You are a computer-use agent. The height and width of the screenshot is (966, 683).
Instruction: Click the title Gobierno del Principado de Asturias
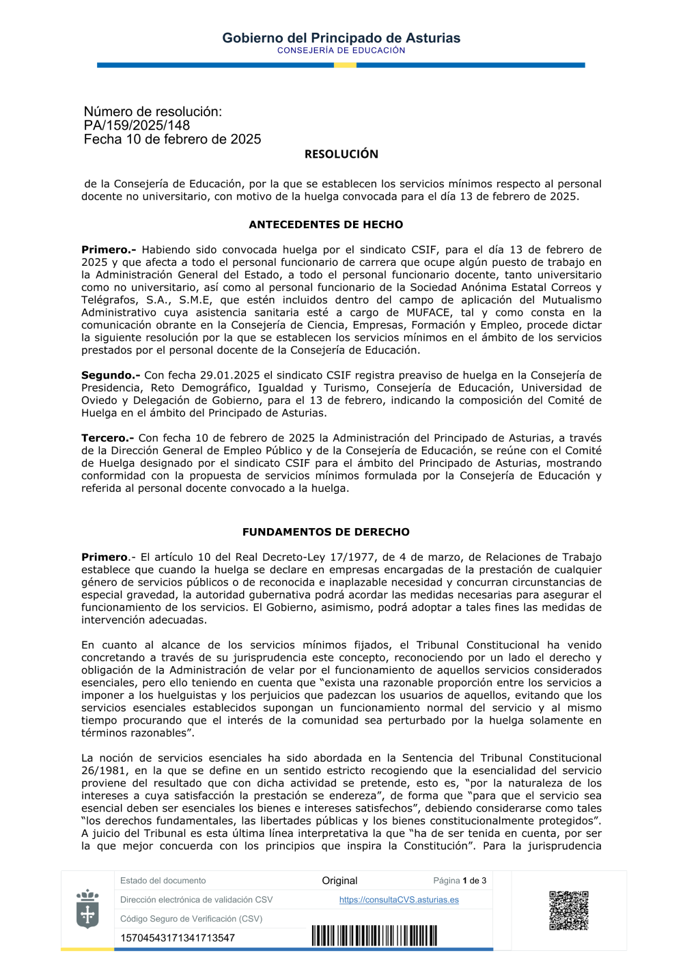(x=341, y=38)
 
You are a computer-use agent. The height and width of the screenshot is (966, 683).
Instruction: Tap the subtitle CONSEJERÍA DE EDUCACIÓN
(x=341, y=51)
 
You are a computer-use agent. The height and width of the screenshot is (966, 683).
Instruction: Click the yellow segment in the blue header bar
(x=345, y=65)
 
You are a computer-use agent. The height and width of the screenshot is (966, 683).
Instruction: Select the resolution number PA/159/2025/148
(x=137, y=126)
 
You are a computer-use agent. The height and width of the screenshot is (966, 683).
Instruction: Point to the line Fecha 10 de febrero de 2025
(x=172, y=139)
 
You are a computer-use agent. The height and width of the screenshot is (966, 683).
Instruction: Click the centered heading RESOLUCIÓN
(x=341, y=154)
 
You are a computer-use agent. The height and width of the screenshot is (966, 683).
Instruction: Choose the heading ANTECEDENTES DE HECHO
(x=326, y=225)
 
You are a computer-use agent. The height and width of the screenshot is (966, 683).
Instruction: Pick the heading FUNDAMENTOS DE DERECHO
(x=326, y=532)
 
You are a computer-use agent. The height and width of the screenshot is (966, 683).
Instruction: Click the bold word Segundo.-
(x=111, y=375)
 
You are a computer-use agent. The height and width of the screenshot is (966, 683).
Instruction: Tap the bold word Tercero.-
(x=107, y=438)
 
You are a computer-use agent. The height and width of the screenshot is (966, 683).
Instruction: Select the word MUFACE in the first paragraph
(x=428, y=312)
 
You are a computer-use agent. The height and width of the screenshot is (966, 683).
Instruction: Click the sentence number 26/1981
(x=102, y=771)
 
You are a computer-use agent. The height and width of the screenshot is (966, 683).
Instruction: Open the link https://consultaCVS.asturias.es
(x=399, y=900)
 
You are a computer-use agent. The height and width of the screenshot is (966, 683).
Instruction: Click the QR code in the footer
(x=568, y=910)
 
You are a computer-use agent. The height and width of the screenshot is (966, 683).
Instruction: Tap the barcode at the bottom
(x=374, y=935)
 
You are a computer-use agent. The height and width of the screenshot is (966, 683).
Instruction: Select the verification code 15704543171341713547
(x=178, y=938)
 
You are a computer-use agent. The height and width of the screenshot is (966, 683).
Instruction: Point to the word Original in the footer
(x=339, y=881)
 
